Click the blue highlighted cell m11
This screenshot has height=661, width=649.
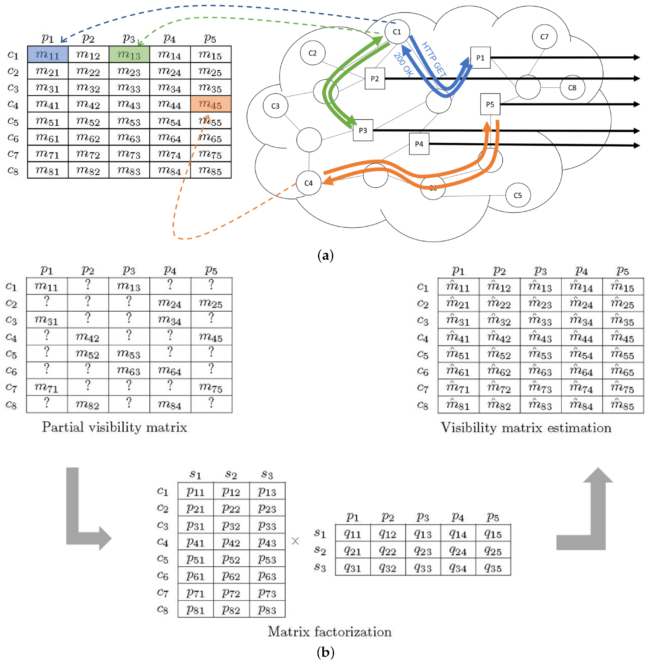(x=48, y=55)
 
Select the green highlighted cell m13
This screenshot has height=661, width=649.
(x=129, y=55)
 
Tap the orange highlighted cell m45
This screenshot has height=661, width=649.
(x=211, y=104)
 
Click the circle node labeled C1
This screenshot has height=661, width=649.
(x=397, y=32)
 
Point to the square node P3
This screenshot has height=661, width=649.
(x=363, y=130)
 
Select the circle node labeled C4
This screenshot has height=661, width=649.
(x=308, y=183)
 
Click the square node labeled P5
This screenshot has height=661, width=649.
(x=490, y=104)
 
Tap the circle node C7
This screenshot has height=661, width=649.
(x=544, y=37)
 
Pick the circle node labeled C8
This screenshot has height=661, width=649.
(x=572, y=87)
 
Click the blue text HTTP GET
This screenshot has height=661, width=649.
(x=434, y=59)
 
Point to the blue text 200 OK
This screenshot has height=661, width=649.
(x=403, y=65)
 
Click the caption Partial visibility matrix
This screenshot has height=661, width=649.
(x=114, y=427)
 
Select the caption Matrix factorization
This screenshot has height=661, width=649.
(x=330, y=631)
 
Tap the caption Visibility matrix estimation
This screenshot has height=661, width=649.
(x=526, y=427)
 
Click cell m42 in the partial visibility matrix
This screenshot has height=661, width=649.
(x=88, y=337)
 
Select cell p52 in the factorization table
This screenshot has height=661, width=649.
(x=231, y=559)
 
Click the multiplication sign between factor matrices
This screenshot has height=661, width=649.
(x=295, y=541)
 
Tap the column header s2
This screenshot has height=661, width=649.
(x=231, y=475)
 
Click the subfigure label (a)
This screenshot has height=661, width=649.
(x=325, y=255)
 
